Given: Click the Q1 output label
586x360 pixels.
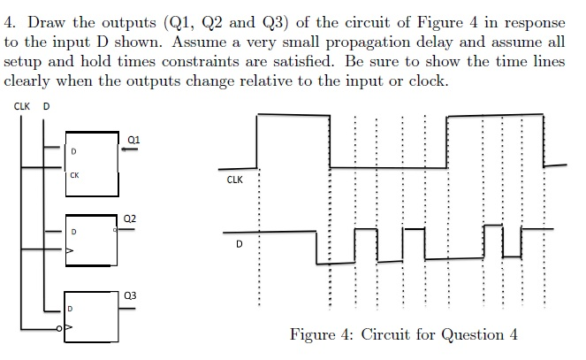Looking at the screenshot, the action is pyautogui.click(x=133, y=140).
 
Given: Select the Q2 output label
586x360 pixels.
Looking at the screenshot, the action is pyautogui.click(x=130, y=218).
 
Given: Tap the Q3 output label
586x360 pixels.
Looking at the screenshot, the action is pyautogui.click(x=130, y=295).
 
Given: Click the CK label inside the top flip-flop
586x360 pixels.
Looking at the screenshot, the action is pyautogui.click(x=74, y=175).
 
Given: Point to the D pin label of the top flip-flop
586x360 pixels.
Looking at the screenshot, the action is pyautogui.click(x=73, y=151).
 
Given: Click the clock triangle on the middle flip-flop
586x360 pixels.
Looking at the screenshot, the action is pyautogui.click(x=70, y=250).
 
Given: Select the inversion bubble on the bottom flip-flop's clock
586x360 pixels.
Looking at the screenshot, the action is pyautogui.click(x=58, y=328).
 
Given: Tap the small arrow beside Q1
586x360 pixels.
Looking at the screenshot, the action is pyautogui.click(x=129, y=149).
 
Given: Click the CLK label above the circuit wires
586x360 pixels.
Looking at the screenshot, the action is pyautogui.click(x=22, y=106).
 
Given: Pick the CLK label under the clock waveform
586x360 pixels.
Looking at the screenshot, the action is pyautogui.click(x=235, y=180).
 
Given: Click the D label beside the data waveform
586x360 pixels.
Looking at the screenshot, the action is pyautogui.click(x=240, y=244).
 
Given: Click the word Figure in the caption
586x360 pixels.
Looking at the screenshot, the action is pyautogui.click(x=312, y=334).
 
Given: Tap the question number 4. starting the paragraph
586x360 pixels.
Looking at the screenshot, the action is pyautogui.click(x=10, y=22).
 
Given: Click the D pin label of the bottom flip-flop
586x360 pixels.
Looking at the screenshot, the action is pyautogui.click(x=70, y=309).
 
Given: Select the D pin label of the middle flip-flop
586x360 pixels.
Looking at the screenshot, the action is pyautogui.click(x=73, y=232).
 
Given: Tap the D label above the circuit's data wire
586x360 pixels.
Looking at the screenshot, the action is pyautogui.click(x=46, y=106).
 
